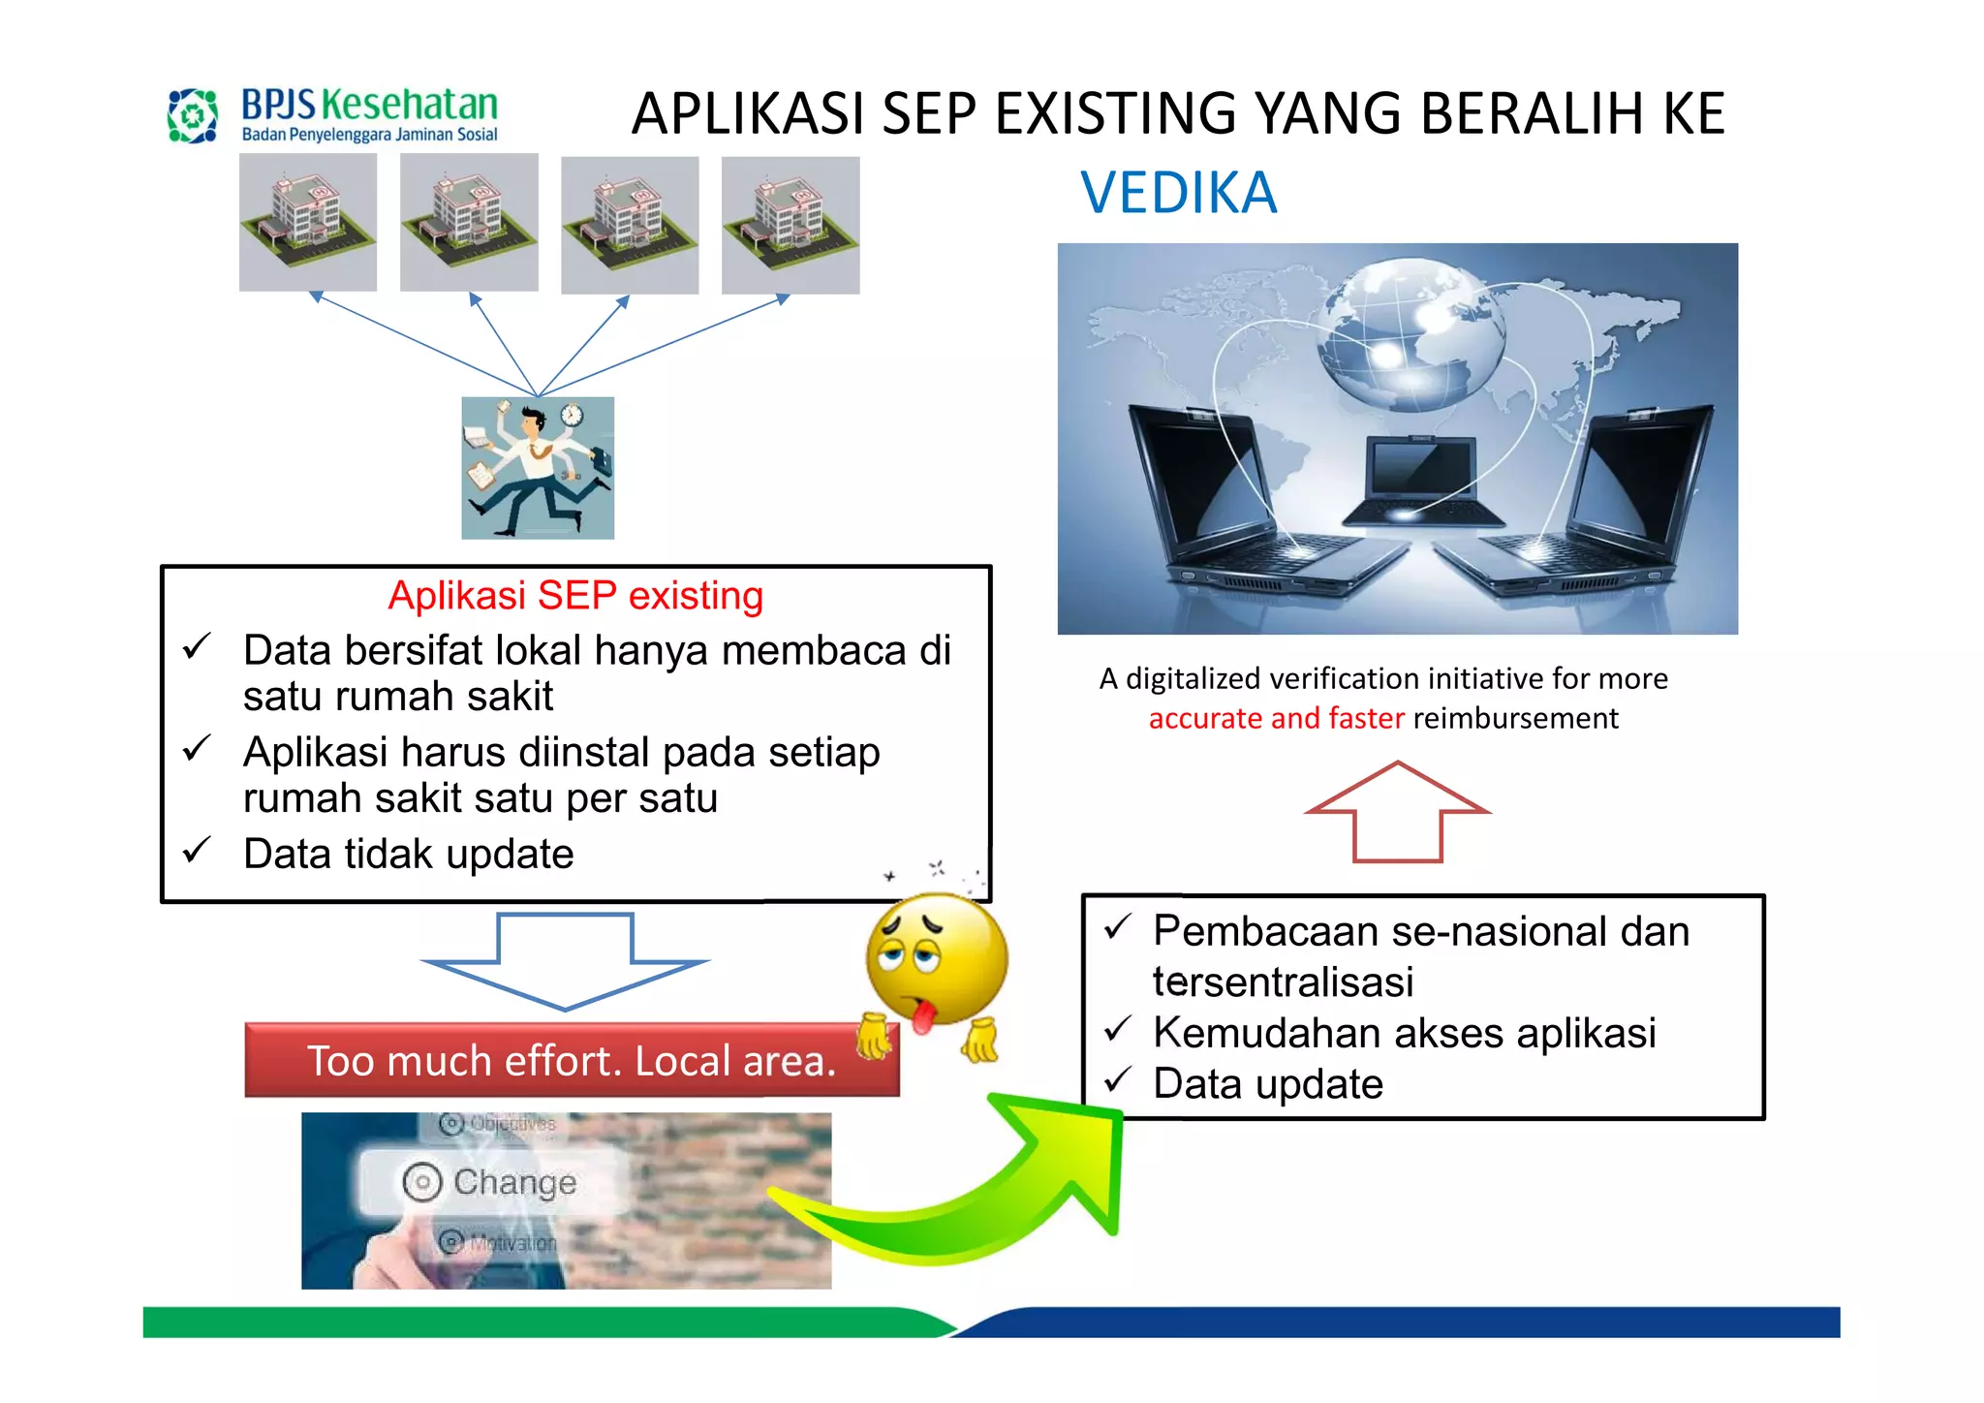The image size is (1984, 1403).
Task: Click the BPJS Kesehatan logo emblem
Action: [193, 115]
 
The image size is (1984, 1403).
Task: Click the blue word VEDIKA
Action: [1178, 193]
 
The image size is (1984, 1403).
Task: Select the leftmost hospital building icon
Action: [308, 222]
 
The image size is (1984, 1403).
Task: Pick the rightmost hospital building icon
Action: [790, 225]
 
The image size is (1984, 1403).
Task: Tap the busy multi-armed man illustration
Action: [538, 468]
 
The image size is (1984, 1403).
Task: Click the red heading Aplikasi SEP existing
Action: [575, 595]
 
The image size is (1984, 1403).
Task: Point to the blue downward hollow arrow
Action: [565, 959]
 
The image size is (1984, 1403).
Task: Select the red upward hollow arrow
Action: [1397, 811]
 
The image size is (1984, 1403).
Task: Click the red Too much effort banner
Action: [571, 1060]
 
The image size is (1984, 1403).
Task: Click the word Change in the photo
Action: [514, 1182]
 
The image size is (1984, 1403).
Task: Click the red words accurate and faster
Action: [1276, 718]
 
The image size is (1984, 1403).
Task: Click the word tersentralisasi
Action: [1283, 982]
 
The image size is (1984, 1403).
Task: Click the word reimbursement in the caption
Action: [1515, 718]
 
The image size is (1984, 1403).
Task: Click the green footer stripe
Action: [533, 1322]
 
